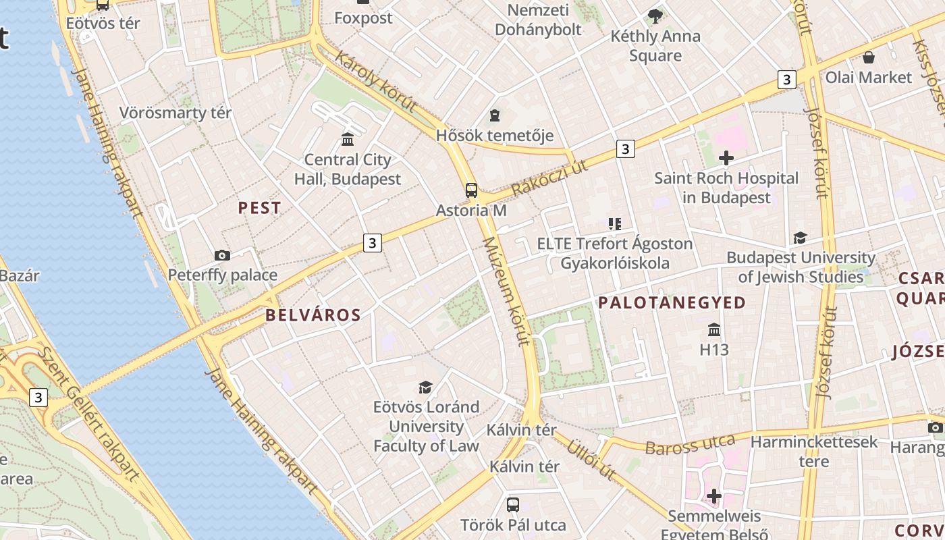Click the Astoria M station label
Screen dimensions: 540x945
(x=470, y=210)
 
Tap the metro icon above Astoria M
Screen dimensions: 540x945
(x=471, y=190)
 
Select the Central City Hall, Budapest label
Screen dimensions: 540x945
(x=348, y=169)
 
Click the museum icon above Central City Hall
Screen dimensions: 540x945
(x=348, y=139)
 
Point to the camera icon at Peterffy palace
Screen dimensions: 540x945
(x=222, y=255)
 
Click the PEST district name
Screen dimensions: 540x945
(x=259, y=208)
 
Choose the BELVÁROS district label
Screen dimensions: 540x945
(x=313, y=315)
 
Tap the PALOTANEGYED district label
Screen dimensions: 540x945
(x=672, y=302)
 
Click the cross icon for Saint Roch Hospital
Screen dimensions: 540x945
(x=726, y=159)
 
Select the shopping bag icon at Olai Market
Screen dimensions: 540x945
(x=869, y=57)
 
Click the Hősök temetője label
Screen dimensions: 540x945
(x=495, y=135)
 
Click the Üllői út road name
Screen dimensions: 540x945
(x=591, y=460)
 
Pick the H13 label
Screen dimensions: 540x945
(x=714, y=350)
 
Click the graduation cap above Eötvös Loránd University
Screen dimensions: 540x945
(x=425, y=387)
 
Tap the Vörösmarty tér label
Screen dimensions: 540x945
(x=175, y=113)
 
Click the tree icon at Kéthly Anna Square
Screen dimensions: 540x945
(x=655, y=16)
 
